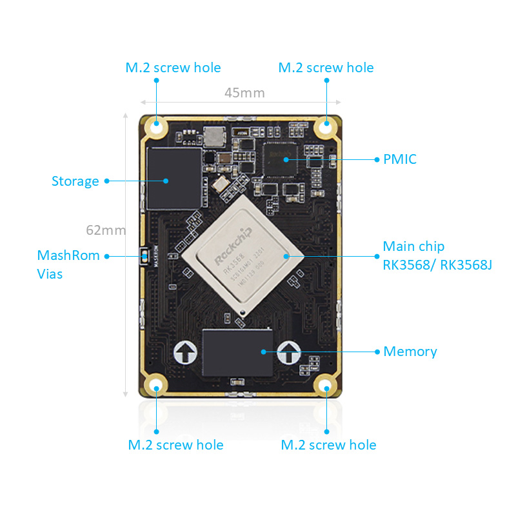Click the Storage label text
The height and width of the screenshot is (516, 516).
pyautogui.click(x=75, y=181)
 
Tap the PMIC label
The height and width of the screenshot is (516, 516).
pyautogui.click(x=400, y=159)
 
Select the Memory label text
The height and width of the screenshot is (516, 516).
pyautogui.click(x=410, y=352)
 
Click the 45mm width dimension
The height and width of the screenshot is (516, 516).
pyautogui.click(x=244, y=93)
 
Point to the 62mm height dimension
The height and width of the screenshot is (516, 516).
pyautogui.click(x=105, y=230)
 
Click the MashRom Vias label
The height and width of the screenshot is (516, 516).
pyautogui.click(x=68, y=264)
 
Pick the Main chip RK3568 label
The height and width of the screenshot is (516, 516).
pyautogui.click(x=437, y=255)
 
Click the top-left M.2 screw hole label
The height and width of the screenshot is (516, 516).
pyautogui.click(x=173, y=68)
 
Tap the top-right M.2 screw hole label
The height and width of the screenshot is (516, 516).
pyautogui.click(x=326, y=68)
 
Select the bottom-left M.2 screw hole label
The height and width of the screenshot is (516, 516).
pyautogui.click(x=175, y=445)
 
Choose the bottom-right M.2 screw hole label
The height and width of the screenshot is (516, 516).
pyautogui.click(x=328, y=445)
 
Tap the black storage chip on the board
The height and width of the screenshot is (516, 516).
pyautogui.click(x=173, y=178)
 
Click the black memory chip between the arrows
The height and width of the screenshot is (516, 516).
pyautogui.click(x=237, y=352)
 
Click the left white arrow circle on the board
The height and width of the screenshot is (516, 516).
pyautogui.click(x=186, y=352)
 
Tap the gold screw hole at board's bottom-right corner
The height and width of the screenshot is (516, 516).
pyautogui.click(x=326, y=388)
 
